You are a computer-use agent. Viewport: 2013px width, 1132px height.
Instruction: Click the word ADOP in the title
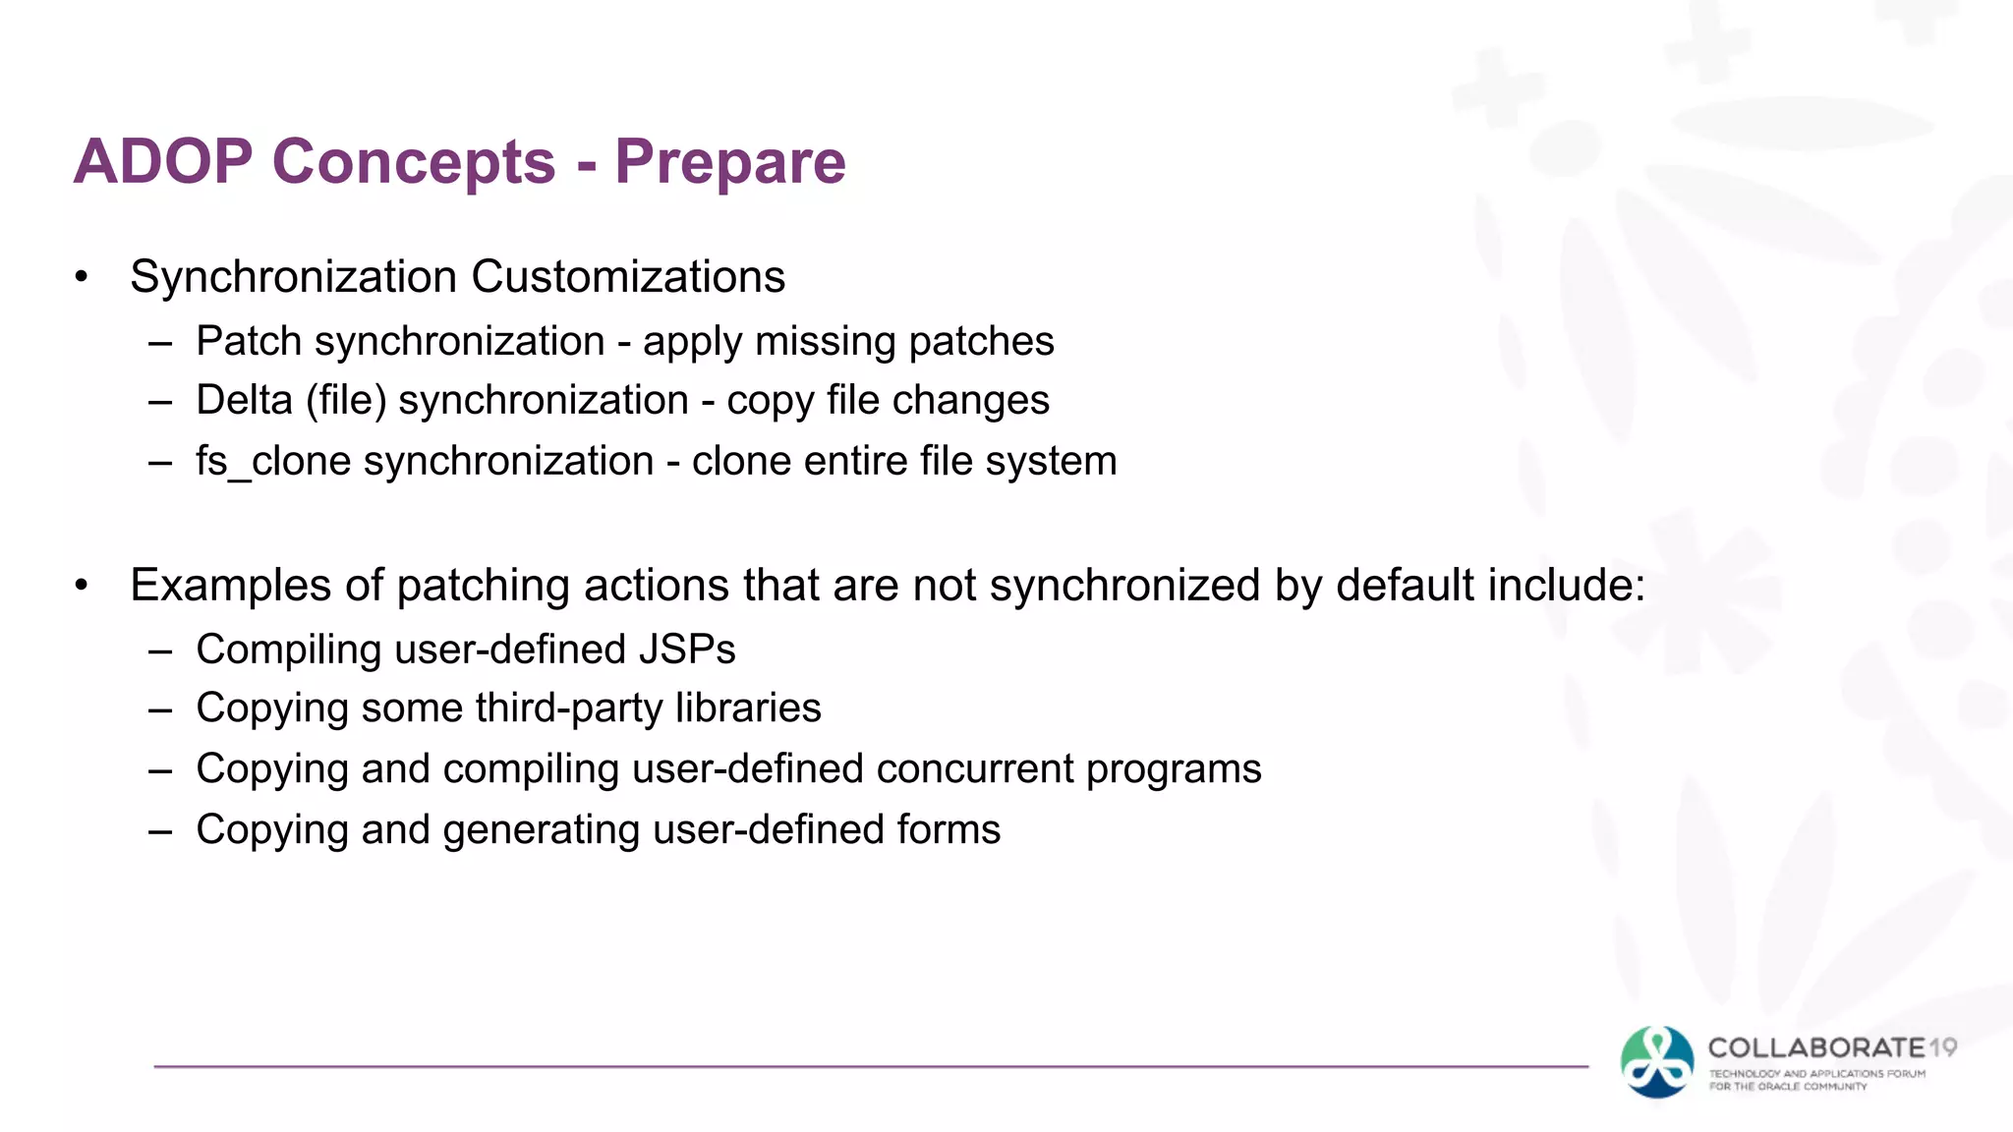(163, 161)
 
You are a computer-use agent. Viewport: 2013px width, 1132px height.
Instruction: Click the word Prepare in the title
(729, 161)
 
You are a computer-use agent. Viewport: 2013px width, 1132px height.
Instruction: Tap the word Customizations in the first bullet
(628, 277)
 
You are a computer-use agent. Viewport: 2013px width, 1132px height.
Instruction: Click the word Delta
(245, 401)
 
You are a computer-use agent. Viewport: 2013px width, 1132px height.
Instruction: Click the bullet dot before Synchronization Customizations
(82, 278)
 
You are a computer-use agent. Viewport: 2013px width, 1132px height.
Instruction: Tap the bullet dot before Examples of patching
(82, 587)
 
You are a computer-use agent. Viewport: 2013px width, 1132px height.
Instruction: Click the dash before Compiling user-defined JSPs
(160, 651)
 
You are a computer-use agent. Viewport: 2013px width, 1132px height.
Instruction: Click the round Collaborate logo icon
(1657, 1061)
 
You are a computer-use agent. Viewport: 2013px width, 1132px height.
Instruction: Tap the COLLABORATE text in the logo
(1816, 1047)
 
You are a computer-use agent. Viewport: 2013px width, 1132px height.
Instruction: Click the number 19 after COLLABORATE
(1942, 1047)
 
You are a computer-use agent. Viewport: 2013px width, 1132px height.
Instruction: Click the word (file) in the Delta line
(346, 401)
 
